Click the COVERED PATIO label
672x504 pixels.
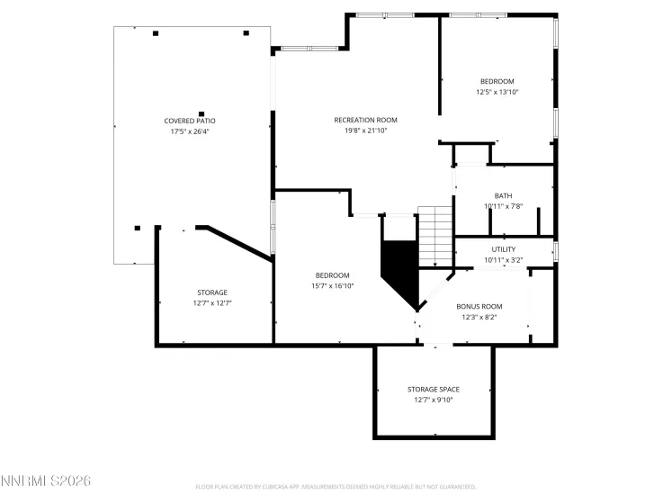click(189, 121)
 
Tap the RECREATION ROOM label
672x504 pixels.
click(365, 120)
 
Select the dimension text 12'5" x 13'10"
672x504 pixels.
click(497, 92)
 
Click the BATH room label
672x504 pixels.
click(503, 195)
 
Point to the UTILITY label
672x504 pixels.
click(503, 249)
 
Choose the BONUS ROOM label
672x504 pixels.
click(479, 306)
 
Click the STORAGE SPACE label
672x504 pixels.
click(434, 389)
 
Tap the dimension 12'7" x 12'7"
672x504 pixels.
click(212, 303)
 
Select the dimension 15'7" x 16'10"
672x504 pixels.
click(332, 286)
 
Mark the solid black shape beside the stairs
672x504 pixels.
click(399, 270)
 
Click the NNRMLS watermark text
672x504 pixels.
click(46, 481)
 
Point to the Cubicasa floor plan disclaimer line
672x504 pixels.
click(335, 487)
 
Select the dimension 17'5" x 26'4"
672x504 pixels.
click(189, 131)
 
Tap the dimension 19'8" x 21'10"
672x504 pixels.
click(365, 130)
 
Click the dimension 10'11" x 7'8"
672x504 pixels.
click(503, 206)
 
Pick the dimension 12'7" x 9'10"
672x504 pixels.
click(434, 400)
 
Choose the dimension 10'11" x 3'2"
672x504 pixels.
click(503, 260)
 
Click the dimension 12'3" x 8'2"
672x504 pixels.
click(479, 317)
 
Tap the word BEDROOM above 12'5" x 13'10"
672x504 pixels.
click(497, 81)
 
